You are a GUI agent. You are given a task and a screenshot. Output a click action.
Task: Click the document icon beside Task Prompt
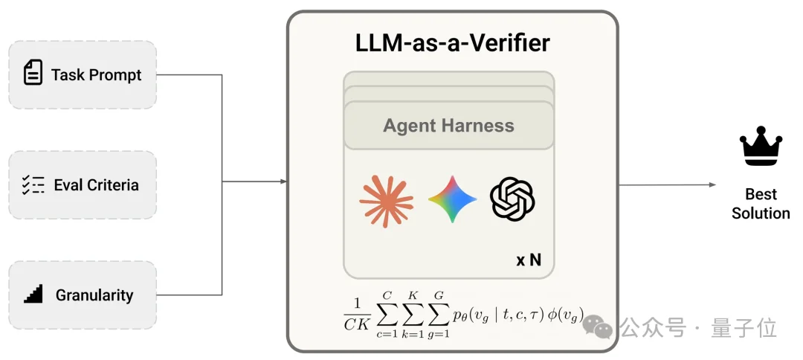pos(33,73)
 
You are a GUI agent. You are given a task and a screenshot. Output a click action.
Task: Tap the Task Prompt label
pos(96,74)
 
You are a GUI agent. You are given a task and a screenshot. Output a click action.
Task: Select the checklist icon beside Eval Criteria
pos(33,184)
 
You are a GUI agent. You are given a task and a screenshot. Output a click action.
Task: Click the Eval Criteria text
pos(96,185)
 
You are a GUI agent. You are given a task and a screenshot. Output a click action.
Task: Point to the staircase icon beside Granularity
pos(33,295)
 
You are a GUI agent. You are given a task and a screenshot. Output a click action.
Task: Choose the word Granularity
pos(94,295)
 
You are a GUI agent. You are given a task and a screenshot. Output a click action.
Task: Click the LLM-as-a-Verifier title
pos(452,42)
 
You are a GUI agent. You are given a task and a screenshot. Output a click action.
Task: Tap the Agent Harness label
pos(448,126)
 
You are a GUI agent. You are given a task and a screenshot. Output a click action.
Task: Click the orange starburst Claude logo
pos(386,199)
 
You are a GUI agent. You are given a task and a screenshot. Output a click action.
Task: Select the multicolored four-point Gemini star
pos(452,199)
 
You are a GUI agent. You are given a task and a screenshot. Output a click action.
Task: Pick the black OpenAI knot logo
pos(512,199)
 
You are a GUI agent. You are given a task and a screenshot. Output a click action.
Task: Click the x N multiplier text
pos(529,261)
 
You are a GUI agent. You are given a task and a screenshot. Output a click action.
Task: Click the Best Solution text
pos(760,204)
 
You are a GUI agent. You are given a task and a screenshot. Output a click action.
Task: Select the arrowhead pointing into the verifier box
pos(283,181)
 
